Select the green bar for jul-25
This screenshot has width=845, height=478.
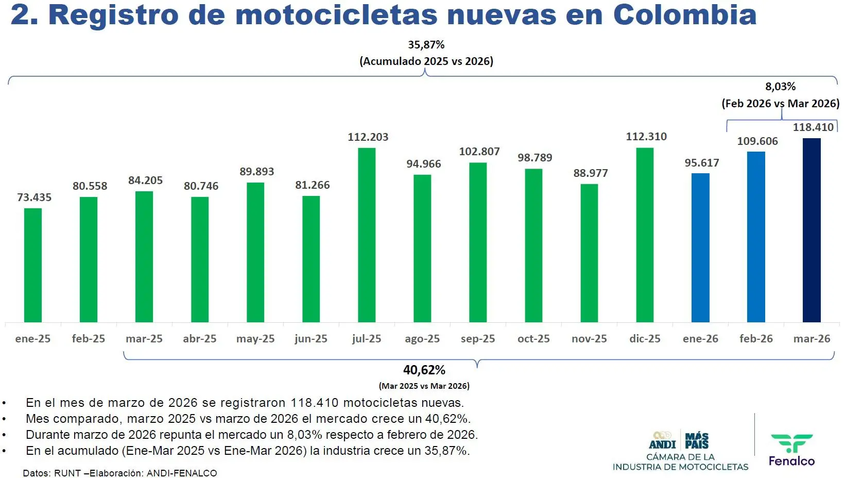click(x=367, y=235)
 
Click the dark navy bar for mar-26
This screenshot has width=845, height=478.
click(x=812, y=230)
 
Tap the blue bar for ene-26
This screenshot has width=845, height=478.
click(x=700, y=248)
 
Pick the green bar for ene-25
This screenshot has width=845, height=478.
click(x=33, y=265)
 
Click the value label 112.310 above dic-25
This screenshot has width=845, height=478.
click(x=646, y=137)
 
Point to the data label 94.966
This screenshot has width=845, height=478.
click(x=423, y=164)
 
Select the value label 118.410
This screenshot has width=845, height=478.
click(x=813, y=127)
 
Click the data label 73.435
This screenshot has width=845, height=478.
click(x=34, y=197)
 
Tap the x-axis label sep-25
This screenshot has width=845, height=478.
click(x=478, y=339)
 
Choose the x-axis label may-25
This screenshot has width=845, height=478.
click(x=255, y=339)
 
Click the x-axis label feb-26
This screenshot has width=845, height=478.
click(x=756, y=339)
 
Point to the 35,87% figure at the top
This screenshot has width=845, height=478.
click(x=426, y=45)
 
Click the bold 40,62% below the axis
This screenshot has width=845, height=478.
click(x=424, y=370)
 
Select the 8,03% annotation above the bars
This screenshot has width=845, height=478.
click(x=780, y=87)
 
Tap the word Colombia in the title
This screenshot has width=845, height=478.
click(x=685, y=14)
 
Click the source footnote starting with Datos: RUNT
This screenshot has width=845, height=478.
click(x=120, y=473)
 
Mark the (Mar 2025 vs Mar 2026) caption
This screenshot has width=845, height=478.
click(x=424, y=386)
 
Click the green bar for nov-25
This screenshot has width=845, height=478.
click(x=589, y=253)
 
